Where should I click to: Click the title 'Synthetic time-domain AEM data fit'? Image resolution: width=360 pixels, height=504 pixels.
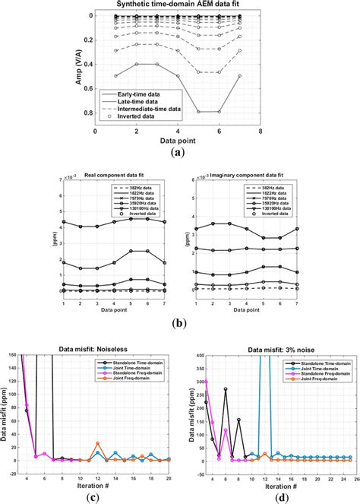coord(180,5)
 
